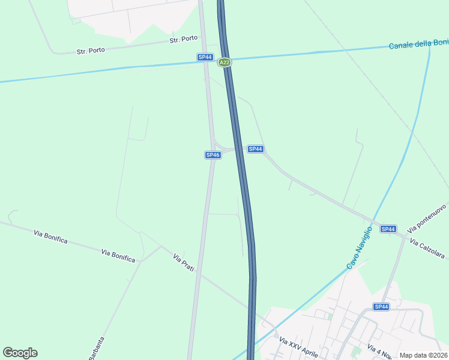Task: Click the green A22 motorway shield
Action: [x=224, y=62]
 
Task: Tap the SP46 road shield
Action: [x=212, y=155]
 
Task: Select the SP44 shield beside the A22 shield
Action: [x=205, y=57]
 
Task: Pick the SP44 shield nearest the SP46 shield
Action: [x=256, y=149]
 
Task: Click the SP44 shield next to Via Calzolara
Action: [x=388, y=229]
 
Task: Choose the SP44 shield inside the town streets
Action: [x=381, y=307]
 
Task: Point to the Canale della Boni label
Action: [x=418, y=43]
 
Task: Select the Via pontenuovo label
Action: [x=427, y=218]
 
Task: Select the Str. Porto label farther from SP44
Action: [x=91, y=51]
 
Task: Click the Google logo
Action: [x=20, y=353]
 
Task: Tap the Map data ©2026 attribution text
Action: [x=423, y=355]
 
